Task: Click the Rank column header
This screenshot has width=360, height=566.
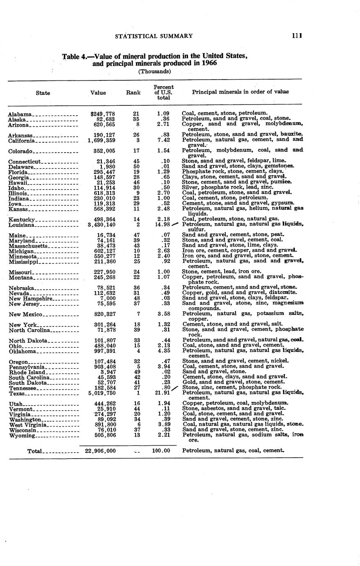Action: click(133, 93)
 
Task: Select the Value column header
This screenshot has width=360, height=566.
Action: click(98, 93)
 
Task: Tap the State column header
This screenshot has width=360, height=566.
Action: click(43, 93)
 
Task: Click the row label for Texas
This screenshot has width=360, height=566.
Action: click(17, 394)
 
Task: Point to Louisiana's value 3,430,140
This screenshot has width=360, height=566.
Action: click(102, 225)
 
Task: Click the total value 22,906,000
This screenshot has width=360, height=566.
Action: click(100, 451)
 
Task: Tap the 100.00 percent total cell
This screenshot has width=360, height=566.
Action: click(161, 451)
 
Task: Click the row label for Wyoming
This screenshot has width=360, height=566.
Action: click(20, 436)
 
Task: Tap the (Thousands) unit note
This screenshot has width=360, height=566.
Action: click(154, 71)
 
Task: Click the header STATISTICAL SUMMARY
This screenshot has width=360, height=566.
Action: click(154, 36)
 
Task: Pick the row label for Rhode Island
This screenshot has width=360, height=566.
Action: click(25, 372)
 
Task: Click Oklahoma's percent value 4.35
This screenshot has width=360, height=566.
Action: click(163, 351)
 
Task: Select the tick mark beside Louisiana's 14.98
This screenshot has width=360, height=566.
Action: click(175, 224)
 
